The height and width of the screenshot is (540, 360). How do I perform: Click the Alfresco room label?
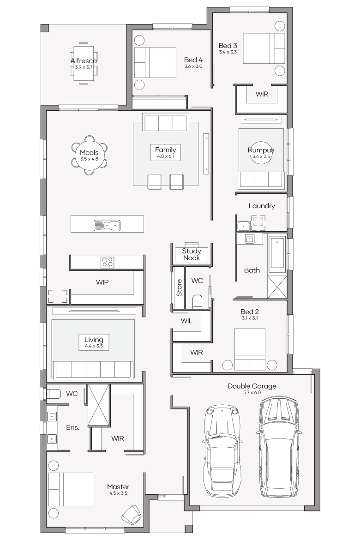tap(84, 60)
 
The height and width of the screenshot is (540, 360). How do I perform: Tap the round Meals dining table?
tap(89, 155)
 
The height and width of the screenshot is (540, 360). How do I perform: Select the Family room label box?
tap(165, 152)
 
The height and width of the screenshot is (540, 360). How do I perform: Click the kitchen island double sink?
tap(107, 226)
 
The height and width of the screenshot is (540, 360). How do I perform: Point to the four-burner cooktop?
tap(108, 263)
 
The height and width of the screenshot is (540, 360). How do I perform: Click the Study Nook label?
tap(192, 254)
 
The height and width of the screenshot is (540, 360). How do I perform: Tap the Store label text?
tap(179, 288)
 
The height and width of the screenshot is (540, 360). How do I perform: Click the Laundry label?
tap(262, 206)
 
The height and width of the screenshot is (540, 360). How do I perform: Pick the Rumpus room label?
tap(261, 150)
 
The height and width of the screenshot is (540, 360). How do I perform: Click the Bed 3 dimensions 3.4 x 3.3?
tap(228, 52)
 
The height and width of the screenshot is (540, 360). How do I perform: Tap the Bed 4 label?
tap(193, 60)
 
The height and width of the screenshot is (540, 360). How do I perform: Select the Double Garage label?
tap(252, 386)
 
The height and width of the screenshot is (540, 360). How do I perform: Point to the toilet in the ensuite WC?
tap(54, 394)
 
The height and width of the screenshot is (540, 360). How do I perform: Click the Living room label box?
tap(94, 342)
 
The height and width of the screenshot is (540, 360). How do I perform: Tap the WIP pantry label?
tap(102, 282)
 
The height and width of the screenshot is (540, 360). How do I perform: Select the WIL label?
tap(187, 321)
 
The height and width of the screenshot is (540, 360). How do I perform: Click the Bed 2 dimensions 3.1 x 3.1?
tap(250, 318)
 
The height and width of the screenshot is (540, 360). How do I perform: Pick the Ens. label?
tap(72, 427)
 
